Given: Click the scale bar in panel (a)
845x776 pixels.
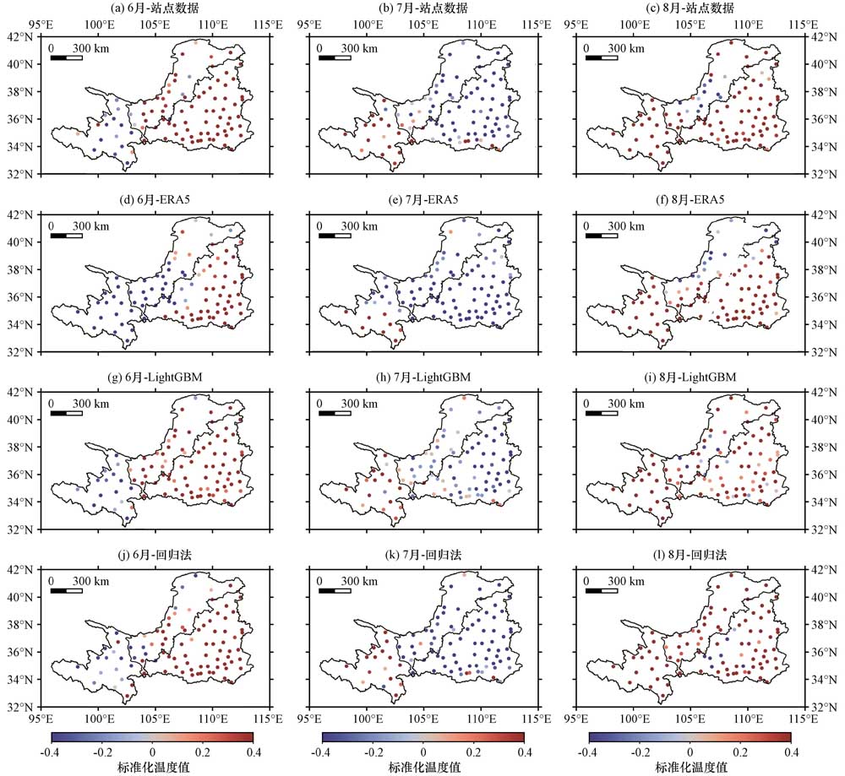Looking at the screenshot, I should point(67,57).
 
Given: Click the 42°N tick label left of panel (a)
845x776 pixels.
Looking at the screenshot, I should point(19,36).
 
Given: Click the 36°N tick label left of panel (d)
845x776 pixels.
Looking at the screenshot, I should point(19,297).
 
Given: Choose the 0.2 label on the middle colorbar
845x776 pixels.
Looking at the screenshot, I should point(473,751).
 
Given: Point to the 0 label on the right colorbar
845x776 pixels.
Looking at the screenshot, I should point(690,751).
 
